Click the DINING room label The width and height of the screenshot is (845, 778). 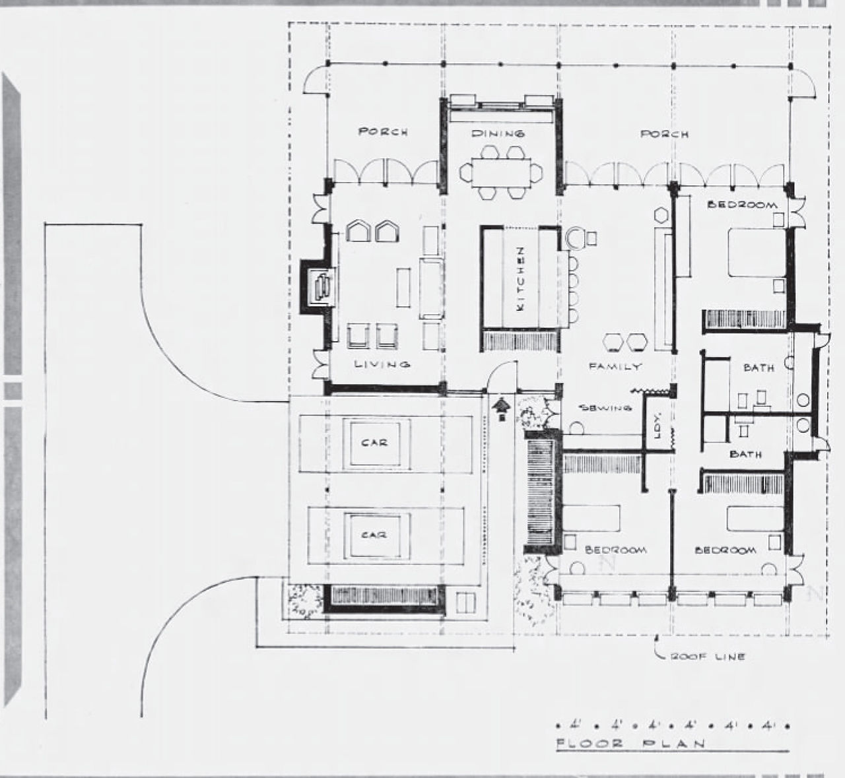click(498, 133)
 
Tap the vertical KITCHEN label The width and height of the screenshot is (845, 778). click(521, 278)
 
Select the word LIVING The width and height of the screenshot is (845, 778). click(382, 364)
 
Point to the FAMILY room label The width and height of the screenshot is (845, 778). click(615, 366)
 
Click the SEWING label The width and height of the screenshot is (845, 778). click(606, 407)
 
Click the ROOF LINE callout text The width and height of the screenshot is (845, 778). click(707, 657)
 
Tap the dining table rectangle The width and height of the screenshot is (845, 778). click(501, 172)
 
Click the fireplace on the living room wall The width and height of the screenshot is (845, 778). click(318, 287)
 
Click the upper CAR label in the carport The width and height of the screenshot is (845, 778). click(374, 443)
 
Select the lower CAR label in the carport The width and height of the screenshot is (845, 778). click(374, 535)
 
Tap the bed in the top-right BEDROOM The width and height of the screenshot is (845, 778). click(757, 252)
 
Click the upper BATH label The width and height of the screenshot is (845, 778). click(759, 368)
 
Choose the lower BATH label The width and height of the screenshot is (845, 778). click(745, 454)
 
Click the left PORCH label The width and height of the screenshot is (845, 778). click(383, 131)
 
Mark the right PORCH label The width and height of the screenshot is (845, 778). click(664, 134)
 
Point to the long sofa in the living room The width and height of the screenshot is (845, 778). click(431, 288)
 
